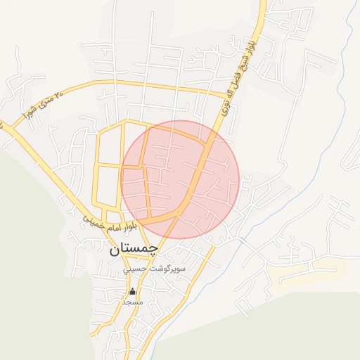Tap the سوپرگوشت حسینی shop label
pos(145,269)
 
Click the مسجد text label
pos(132,302)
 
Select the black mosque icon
pos(132,291)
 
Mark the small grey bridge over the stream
pos(241,240)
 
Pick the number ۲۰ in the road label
pos(60,91)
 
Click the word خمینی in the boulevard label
pos(92,219)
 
